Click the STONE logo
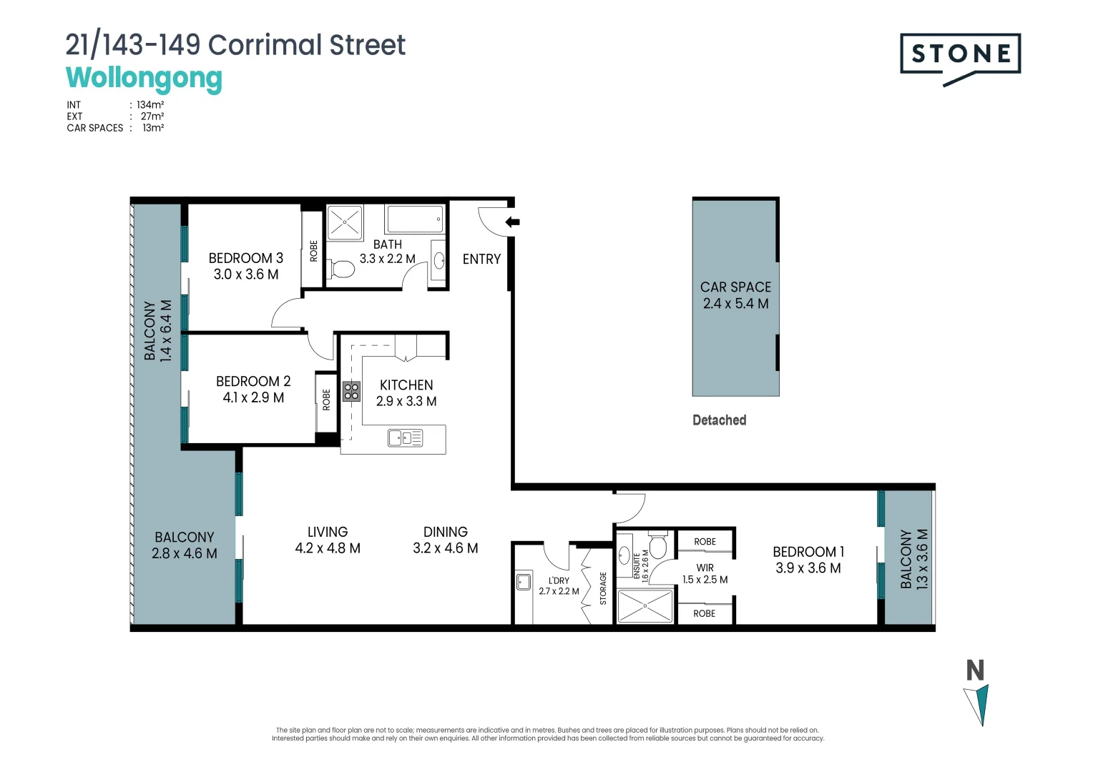pos(960,54)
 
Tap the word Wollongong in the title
pos(144,78)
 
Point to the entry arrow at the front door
pos(512,222)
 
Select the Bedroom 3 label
pos(245,258)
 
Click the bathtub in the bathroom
pos(415,219)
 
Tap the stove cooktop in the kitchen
pos(351,391)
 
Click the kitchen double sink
pos(405,437)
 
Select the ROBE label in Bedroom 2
pos(327,400)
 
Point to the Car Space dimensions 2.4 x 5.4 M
pos(735,304)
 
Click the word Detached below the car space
pos(719,420)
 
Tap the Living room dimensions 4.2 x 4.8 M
pos(328,548)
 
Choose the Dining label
pos(445,532)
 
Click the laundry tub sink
pos(524,581)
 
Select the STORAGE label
pos(603,588)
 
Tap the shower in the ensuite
pos(645,605)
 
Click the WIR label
pos(705,568)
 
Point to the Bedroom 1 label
pos(808,552)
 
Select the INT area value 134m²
pos(150,104)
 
